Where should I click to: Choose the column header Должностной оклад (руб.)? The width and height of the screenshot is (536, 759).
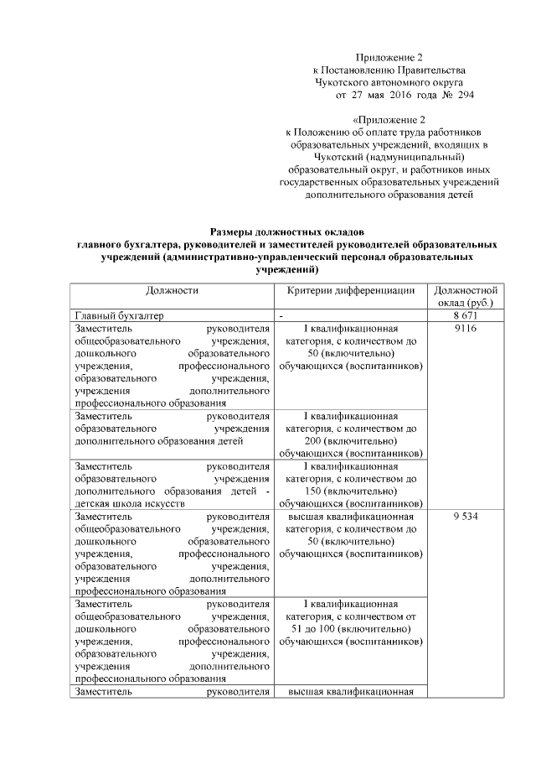point(464,295)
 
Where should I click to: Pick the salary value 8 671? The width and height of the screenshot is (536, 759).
point(464,315)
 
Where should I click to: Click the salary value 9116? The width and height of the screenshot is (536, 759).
point(464,329)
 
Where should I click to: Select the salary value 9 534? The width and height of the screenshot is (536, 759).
point(464,517)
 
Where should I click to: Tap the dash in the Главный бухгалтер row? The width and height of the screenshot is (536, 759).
point(282,315)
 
